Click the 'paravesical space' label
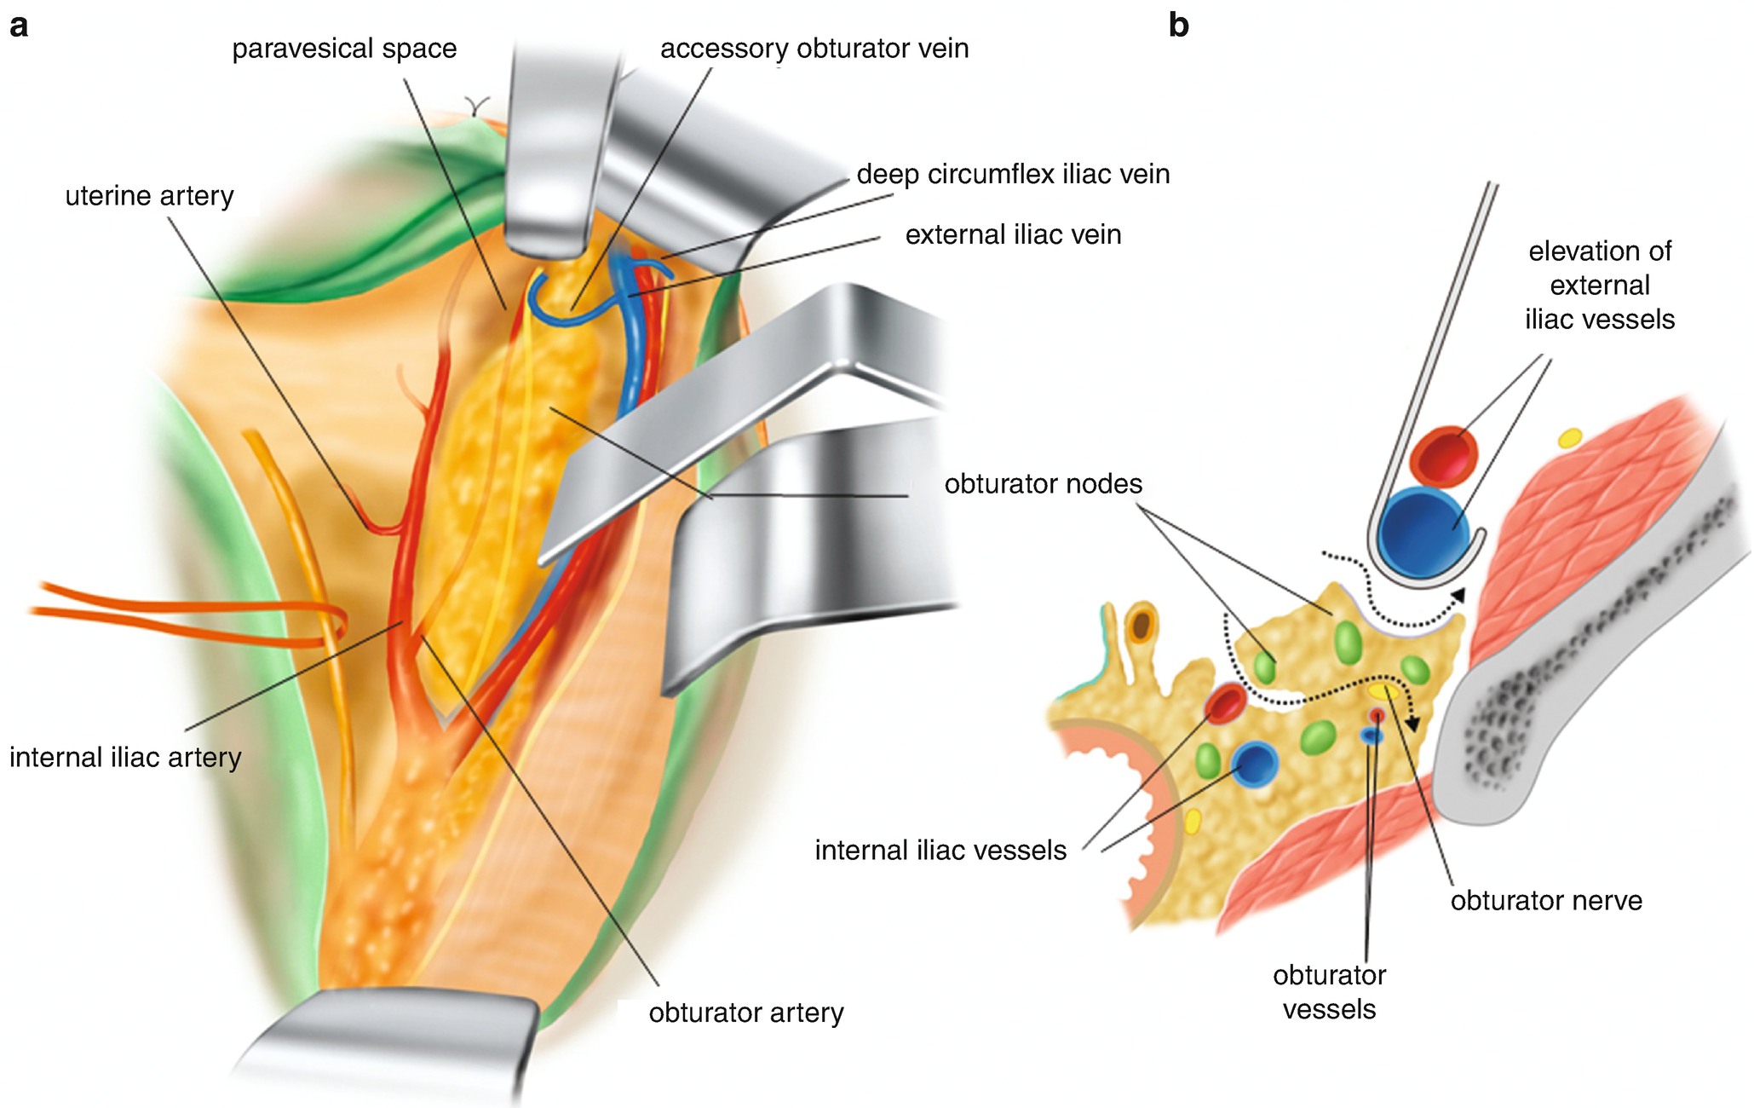click(x=344, y=49)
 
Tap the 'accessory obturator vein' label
click(x=814, y=49)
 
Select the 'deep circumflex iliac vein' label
click(x=1013, y=175)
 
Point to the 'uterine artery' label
click(x=149, y=196)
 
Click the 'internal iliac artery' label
click(x=125, y=757)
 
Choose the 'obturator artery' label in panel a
click(x=746, y=1013)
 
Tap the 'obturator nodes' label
click(x=1043, y=484)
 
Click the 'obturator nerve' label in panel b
click(x=1546, y=901)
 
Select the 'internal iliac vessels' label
click(x=940, y=851)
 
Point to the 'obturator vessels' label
click(x=1329, y=992)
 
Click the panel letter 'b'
click(x=1178, y=26)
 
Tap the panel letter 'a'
click(x=19, y=26)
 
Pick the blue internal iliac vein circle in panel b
click(x=1253, y=764)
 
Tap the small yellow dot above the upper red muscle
click(x=1568, y=438)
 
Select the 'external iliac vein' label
click(x=1013, y=235)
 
